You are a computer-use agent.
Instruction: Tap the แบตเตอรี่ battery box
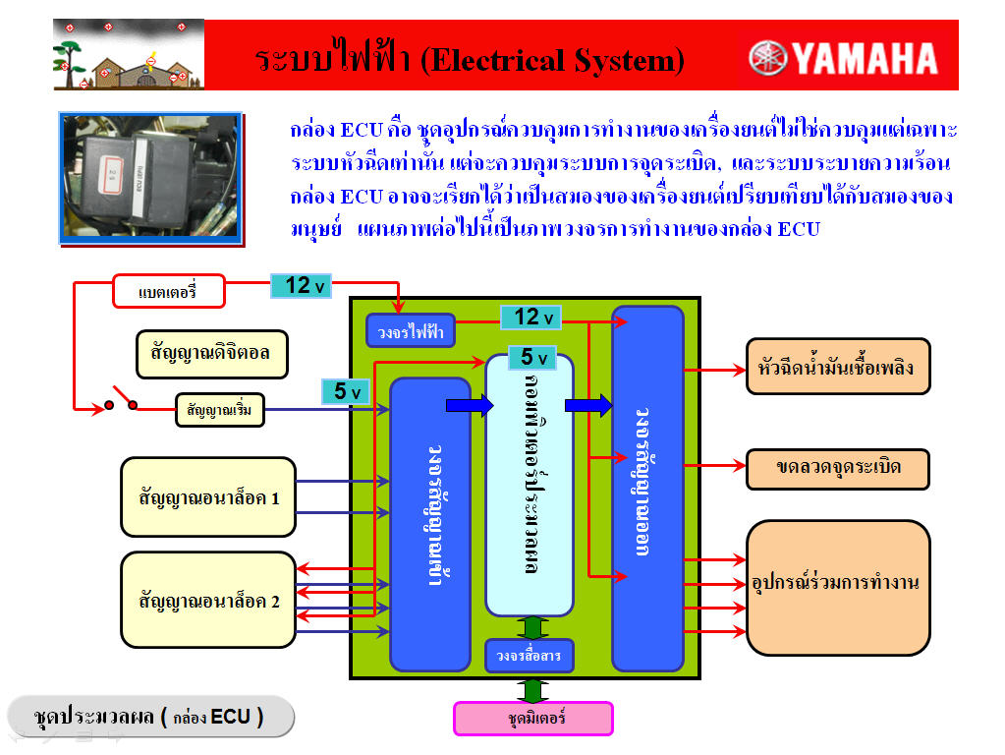(168, 292)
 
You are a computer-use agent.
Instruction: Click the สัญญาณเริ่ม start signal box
(220, 410)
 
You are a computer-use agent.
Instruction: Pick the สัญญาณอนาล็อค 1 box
(208, 497)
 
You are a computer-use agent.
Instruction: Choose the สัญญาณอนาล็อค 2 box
(208, 601)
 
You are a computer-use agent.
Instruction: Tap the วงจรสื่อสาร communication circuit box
(529, 656)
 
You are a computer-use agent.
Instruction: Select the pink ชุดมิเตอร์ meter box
(532, 719)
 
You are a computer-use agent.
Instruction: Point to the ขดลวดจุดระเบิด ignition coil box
(837, 468)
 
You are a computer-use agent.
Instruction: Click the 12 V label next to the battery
(305, 286)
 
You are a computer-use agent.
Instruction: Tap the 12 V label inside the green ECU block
(530, 317)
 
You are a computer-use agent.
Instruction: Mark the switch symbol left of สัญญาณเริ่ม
(122, 404)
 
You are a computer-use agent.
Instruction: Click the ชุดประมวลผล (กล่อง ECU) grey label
(150, 717)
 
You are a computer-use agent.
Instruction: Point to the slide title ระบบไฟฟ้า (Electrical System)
(470, 60)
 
